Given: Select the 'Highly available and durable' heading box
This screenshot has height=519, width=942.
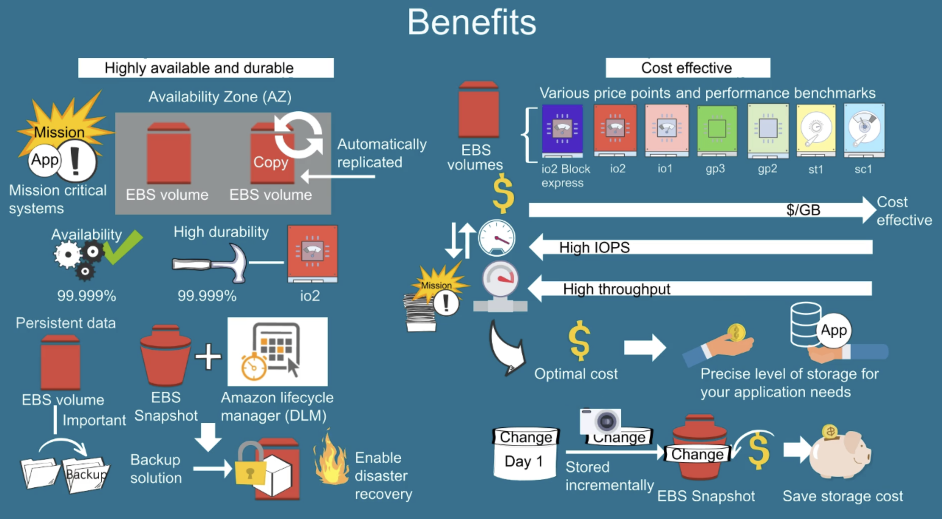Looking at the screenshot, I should [206, 68].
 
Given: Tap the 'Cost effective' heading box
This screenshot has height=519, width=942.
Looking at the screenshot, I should [688, 68].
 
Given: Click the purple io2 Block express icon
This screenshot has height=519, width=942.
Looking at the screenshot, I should [562, 129].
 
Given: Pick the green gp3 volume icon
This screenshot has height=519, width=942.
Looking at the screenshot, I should [717, 129].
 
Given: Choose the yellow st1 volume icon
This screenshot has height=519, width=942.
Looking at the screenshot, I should [816, 129].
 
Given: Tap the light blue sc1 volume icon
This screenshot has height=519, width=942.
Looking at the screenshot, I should [864, 129].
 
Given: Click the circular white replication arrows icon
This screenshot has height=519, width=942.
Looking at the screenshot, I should [298, 135].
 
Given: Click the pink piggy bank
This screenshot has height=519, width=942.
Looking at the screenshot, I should [840, 456].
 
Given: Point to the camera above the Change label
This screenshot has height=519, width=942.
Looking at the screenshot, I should [600, 421].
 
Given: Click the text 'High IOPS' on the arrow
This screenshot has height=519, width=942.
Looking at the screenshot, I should [594, 247].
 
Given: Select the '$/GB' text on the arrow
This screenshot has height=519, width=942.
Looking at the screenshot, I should [803, 210].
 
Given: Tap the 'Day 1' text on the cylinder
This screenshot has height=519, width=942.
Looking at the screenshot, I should [524, 461].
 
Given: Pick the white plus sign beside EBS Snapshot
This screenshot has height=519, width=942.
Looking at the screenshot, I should [208, 356].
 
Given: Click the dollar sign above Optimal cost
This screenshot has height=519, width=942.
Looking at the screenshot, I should [579, 341].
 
